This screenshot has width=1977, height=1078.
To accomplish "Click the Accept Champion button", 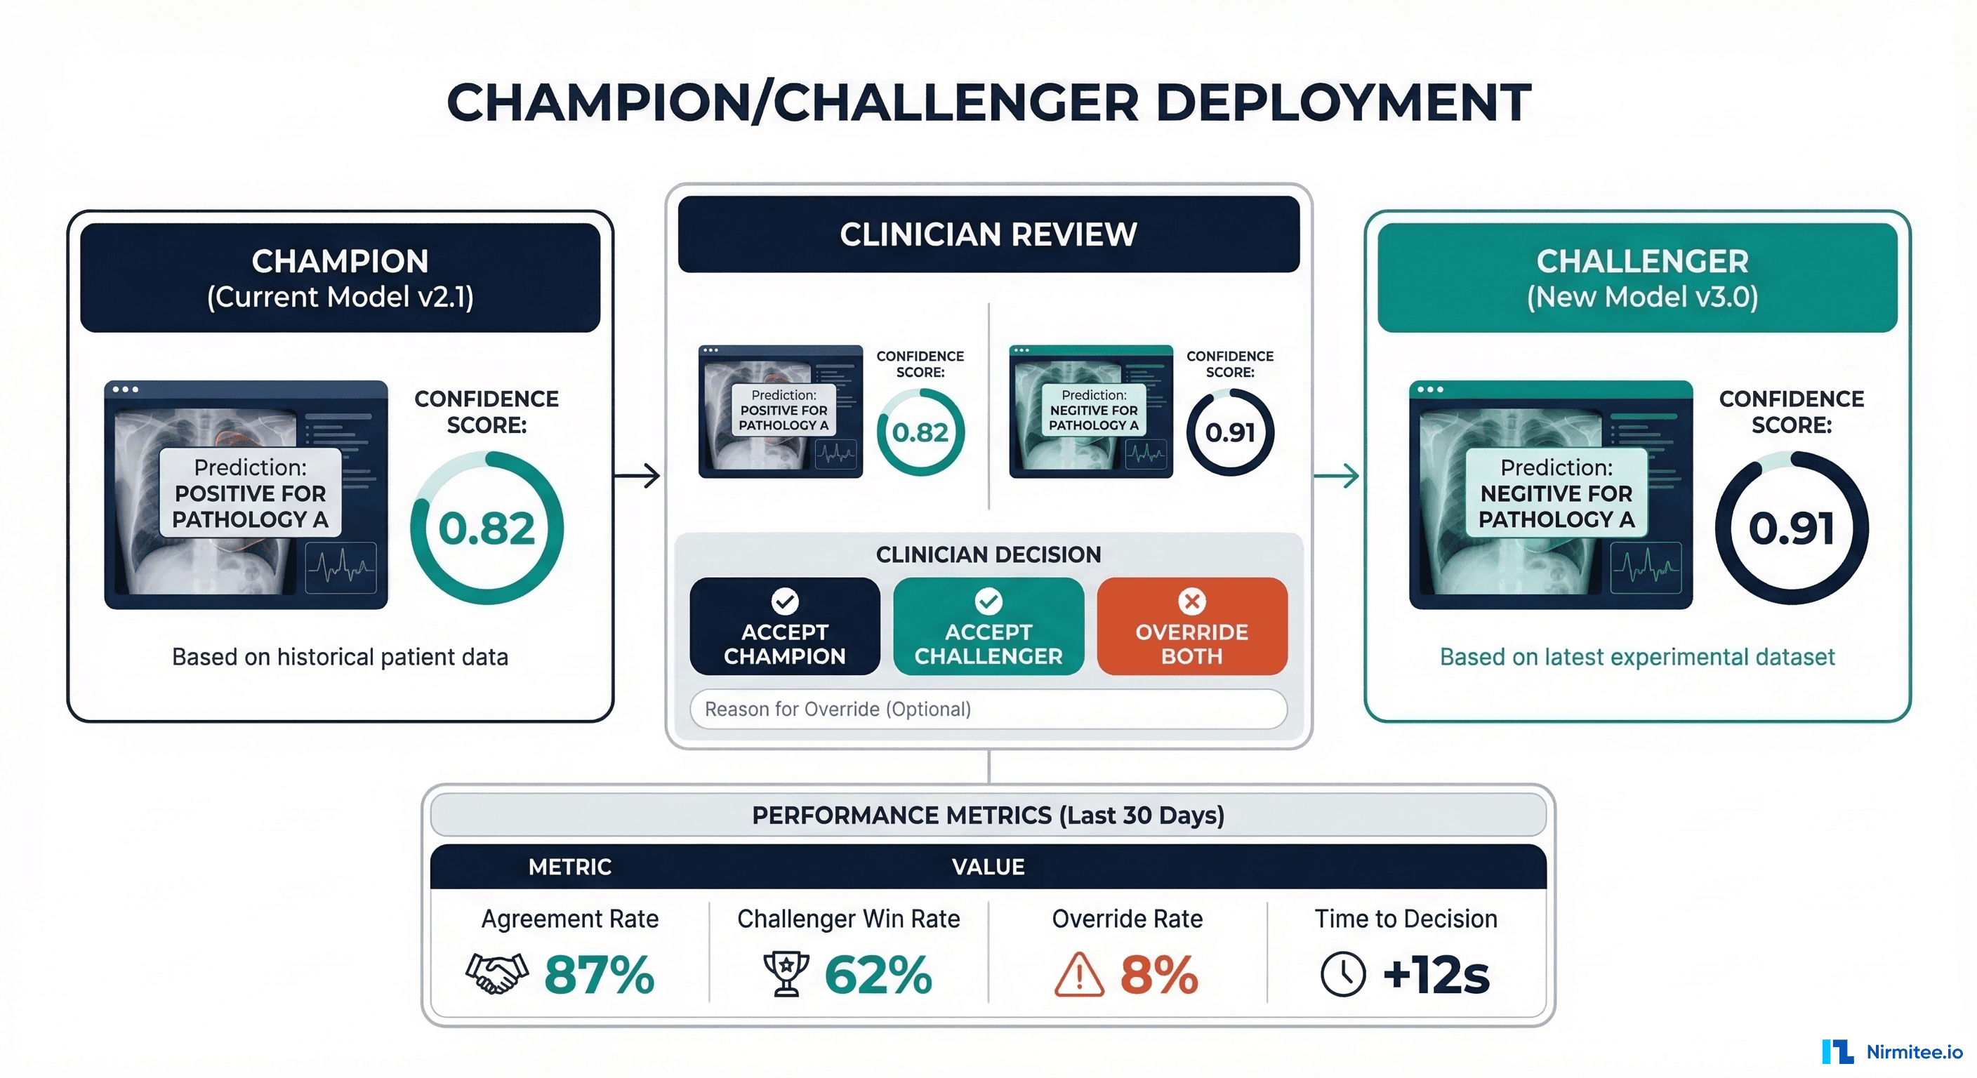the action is [784, 626].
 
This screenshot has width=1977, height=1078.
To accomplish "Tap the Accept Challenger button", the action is [988, 626].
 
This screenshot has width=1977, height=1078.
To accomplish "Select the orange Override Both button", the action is [1191, 626].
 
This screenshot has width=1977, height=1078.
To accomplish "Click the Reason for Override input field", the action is [988, 709].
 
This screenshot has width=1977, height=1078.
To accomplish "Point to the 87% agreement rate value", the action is [599, 974].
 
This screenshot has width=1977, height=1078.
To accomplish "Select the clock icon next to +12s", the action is [1342, 974].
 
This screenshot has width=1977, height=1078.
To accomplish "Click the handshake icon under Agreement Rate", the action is [496, 973].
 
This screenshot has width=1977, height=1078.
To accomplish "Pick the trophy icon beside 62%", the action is [786, 973].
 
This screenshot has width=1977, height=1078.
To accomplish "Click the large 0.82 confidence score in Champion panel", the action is [487, 528].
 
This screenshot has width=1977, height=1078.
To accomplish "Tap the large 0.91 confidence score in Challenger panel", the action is [1791, 528].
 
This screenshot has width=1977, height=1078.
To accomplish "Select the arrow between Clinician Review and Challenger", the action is [1337, 476].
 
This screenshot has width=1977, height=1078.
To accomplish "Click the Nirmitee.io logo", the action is [1893, 1051].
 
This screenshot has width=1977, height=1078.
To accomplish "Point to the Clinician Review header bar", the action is [988, 234].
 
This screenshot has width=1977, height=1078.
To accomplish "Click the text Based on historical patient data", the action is [340, 657].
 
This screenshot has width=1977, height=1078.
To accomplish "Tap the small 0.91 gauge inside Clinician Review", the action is [1229, 432].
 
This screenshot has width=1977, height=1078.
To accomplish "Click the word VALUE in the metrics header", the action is [988, 867].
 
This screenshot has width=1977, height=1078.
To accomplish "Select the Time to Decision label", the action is [1406, 919].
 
